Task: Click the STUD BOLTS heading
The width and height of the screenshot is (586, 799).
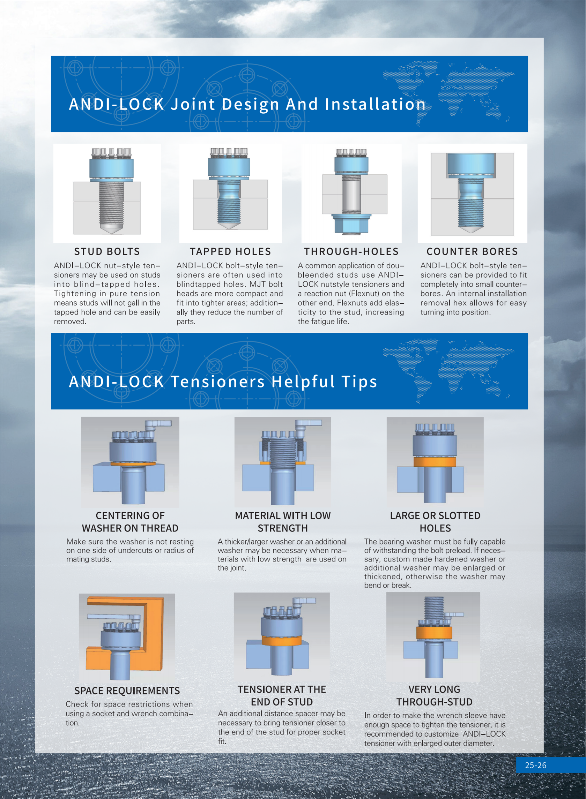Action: [107, 251]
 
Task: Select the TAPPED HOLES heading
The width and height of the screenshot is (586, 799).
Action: [230, 251]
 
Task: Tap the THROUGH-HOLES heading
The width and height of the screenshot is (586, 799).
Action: [351, 251]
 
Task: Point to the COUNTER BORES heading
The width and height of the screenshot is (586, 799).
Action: [472, 251]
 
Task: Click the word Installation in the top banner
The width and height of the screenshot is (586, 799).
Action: [375, 104]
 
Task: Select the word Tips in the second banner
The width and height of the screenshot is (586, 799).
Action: [359, 382]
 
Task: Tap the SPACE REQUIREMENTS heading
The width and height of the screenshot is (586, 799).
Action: [127, 691]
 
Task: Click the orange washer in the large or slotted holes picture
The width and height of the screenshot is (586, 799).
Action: [435, 461]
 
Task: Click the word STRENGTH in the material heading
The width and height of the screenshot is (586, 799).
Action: [283, 528]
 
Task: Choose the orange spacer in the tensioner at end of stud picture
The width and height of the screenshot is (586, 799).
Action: [282, 641]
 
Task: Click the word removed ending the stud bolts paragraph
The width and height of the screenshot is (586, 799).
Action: [70, 322]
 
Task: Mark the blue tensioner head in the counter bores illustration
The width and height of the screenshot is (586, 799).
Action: [471, 165]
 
